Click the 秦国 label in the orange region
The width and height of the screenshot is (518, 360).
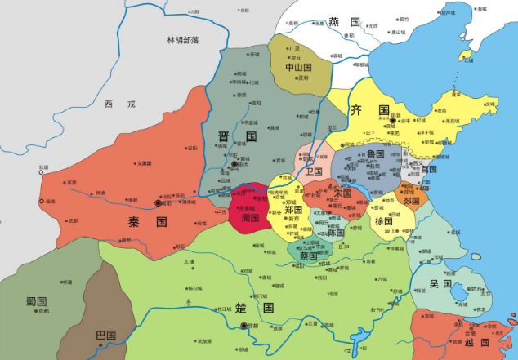point(147,221)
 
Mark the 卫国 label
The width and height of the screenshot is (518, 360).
point(314,172)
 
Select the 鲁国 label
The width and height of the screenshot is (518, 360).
point(375,153)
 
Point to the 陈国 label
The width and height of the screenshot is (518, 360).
point(335,232)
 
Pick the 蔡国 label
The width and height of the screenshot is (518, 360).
point(308,256)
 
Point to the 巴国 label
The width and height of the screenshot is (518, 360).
point(105,335)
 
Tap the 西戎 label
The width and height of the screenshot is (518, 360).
point(113,104)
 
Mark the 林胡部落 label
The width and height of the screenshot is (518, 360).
point(183,40)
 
